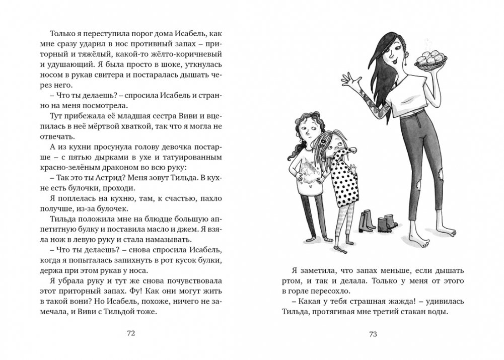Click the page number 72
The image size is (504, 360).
point(131,333)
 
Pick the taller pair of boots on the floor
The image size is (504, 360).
point(366,221)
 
